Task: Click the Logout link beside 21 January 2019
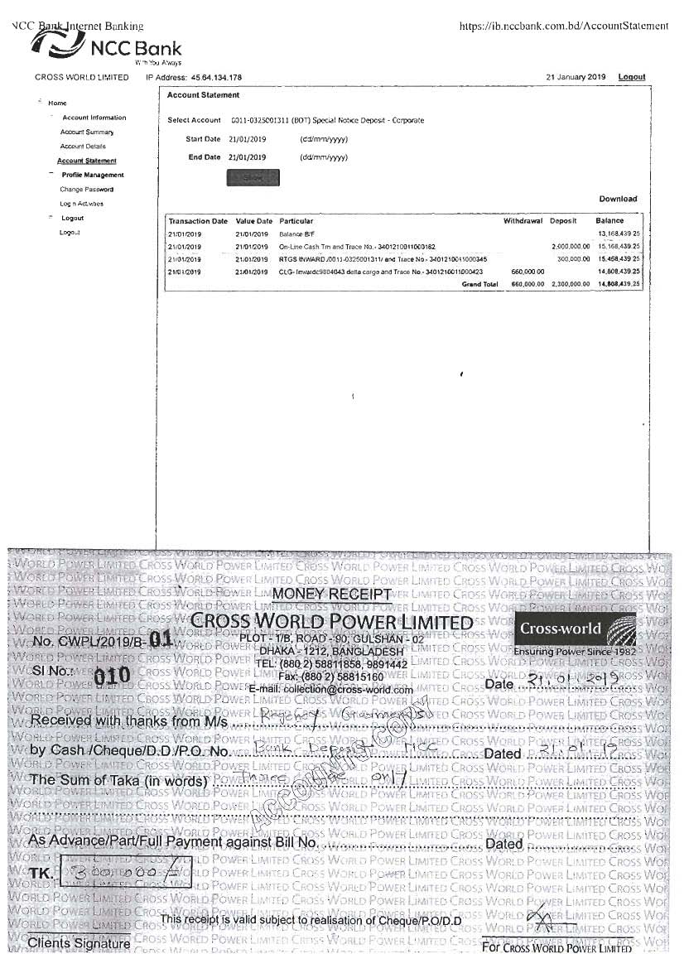pyautogui.click(x=631, y=77)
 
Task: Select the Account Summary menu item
pyautogui.click(x=87, y=132)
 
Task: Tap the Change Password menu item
pyautogui.click(x=87, y=190)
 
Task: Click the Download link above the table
pyautogui.click(x=618, y=199)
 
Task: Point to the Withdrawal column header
pyautogui.click(x=523, y=221)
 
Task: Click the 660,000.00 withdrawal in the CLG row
pyautogui.click(x=528, y=272)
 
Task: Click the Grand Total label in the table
pyautogui.click(x=480, y=284)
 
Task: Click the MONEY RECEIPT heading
pyautogui.click(x=331, y=594)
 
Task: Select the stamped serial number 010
pyautogui.click(x=112, y=675)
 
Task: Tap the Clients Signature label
pyautogui.click(x=79, y=943)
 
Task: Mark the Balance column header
pyautogui.click(x=609, y=221)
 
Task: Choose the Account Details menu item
pyautogui.click(x=83, y=147)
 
